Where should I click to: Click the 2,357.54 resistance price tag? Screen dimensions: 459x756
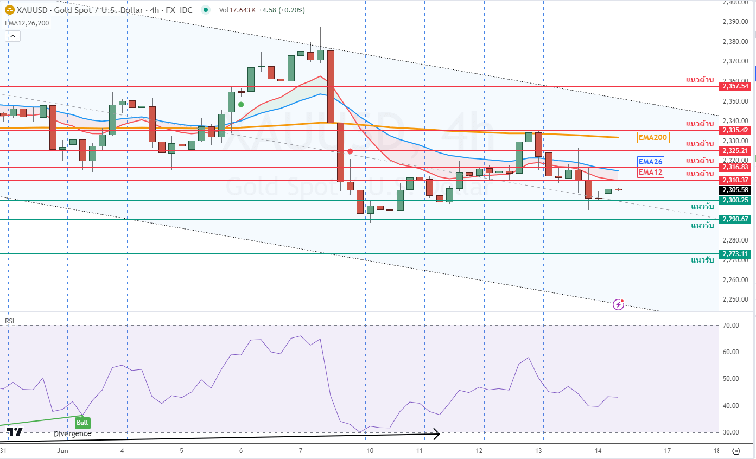click(x=736, y=86)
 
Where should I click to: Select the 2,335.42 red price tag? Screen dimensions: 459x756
click(x=736, y=130)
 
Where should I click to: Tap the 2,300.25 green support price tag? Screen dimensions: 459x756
click(x=736, y=200)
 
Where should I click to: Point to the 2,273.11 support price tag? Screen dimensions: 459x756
click(x=736, y=253)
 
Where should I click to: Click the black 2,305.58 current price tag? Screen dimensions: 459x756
click(x=736, y=190)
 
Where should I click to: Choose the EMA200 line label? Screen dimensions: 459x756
click(x=653, y=138)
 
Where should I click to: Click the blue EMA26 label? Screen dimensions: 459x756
click(x=651, y=162)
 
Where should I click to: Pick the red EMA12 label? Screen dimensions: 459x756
click(x=651, y=173)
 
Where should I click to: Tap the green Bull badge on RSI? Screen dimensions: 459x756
click(x=82, y=422)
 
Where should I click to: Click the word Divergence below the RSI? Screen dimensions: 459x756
click(x=73, y=433)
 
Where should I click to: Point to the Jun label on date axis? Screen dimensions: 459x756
click(x=62, y=451)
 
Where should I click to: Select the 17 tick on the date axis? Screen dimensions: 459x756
click(x=668, y=451)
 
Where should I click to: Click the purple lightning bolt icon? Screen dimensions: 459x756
click(x=618, y=304)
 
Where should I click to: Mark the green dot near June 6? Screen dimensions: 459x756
click(x=241, y=104)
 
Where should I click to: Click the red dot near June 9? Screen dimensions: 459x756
click(x=350, y=151)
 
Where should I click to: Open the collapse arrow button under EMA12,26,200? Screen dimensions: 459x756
click(x=13, y=36)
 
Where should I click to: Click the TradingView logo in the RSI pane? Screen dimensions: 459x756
click(x=15, y=432)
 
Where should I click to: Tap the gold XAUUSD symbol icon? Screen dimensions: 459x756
click(x=10, y=10)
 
